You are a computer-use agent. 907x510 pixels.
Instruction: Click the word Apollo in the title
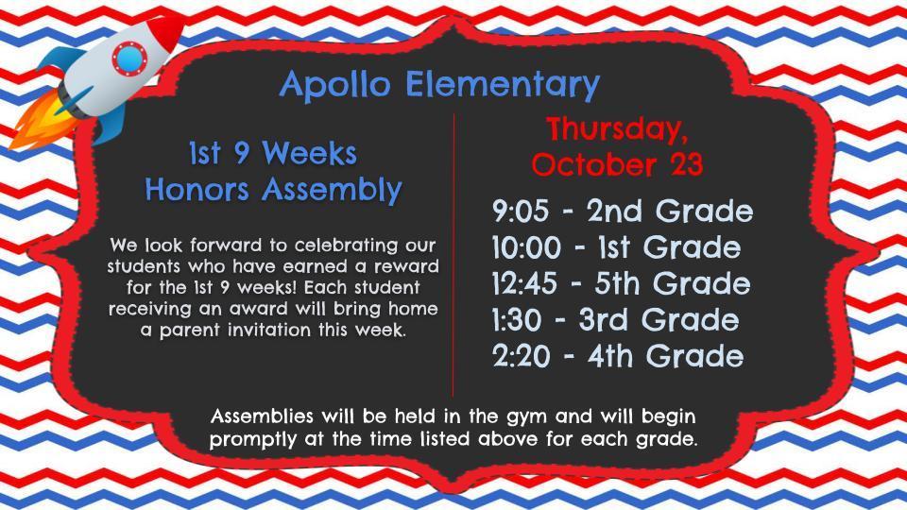pyautogui.click(x=336, y=86)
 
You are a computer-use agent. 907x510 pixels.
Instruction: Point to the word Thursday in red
pyautogui.click(x=618, y=128)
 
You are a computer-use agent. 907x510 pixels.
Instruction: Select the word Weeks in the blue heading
pyautogui.click(x=309, y=153)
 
